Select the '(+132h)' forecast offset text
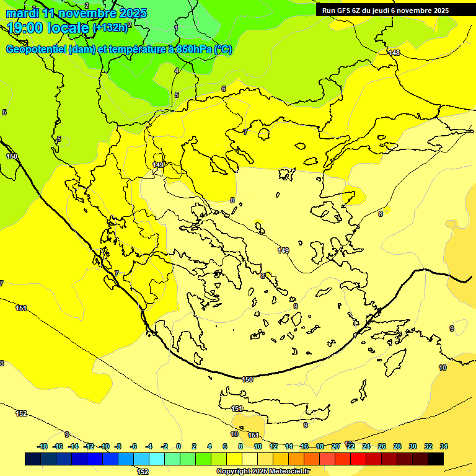pyautogui.click(x=111, y=28)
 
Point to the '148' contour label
pyautogui.click(x=394, y=53)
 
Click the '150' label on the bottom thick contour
pyautogui.click(x=247, y=379)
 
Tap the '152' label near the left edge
pyautogui.click(x=21, y=413)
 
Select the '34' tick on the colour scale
pyautogui.click(x=444, y=446)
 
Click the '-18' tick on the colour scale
pyautogui.click(x=42, y=446)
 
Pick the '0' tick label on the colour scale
pyautogui.click(x=178, y=446)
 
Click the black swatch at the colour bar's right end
pyautogui.click(x=436, y=459)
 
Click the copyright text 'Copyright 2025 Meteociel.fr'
pyautogui.click(x=263, y=472)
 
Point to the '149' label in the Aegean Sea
pyautogui.click(x=283, y=250)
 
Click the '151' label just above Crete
pyautogui.click(x=237, y=409)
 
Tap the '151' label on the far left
pyautogui.click(x=21, y=308)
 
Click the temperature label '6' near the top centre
pyautogui.click(x=224, y=89)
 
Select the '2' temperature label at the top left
pyautogui.click(x=87, y=5)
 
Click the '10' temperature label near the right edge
pyautogui.click(x=443, y=368)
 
